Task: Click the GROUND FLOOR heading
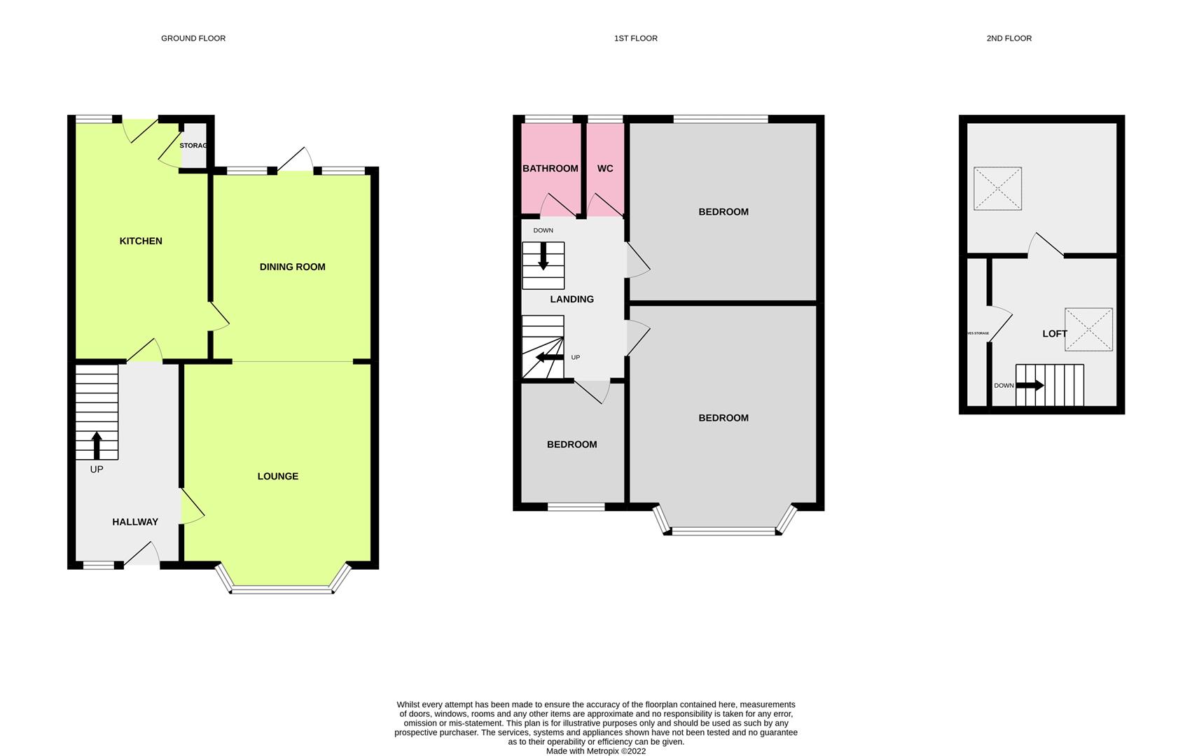coord(193,38)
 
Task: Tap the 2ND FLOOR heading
coord(1009,38)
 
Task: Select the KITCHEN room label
coord(141,241)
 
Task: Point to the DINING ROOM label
coord(292,267)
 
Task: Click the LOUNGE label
coord(278,476)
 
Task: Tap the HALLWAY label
coord(135,521)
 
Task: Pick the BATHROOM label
coord(550,169)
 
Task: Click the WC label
coord(605,169)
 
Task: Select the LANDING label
coord(572,299)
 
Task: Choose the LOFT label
coord(1055,334)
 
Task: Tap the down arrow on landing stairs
coord(543,257)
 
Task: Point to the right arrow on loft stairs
coord(1030,385)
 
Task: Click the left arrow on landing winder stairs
coord(549,358)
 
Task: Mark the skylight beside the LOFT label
coord(1088,329)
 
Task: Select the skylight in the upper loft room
coord(997,188)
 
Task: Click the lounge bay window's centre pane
coord(282,590)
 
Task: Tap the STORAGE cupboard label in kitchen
coord(193,146)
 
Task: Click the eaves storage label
coord(978,333)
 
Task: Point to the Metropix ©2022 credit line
coord(595,751)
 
